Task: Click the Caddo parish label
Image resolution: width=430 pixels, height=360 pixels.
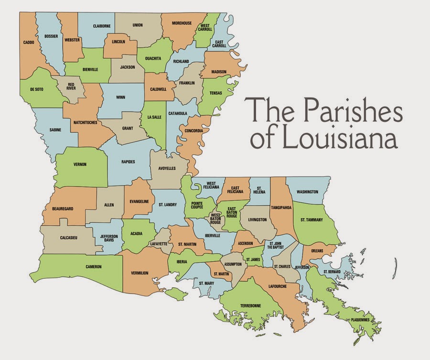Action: coord(28,42)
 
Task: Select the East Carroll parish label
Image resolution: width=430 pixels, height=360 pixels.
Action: coord(220,44)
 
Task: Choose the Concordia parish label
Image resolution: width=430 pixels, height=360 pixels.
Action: coord(193,130)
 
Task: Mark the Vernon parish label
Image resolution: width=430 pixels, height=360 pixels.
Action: coord(80,164)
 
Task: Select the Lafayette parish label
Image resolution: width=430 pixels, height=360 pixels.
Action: coord(158,243)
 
